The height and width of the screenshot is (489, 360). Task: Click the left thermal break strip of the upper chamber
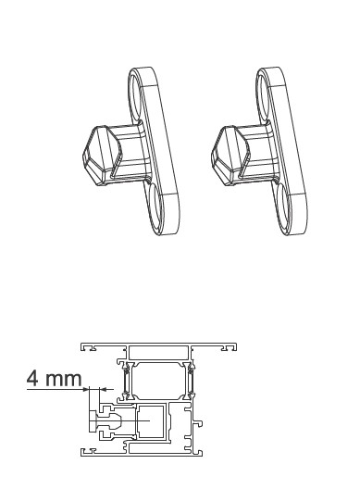point(123,379)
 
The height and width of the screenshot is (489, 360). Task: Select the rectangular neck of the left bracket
point(130,153)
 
